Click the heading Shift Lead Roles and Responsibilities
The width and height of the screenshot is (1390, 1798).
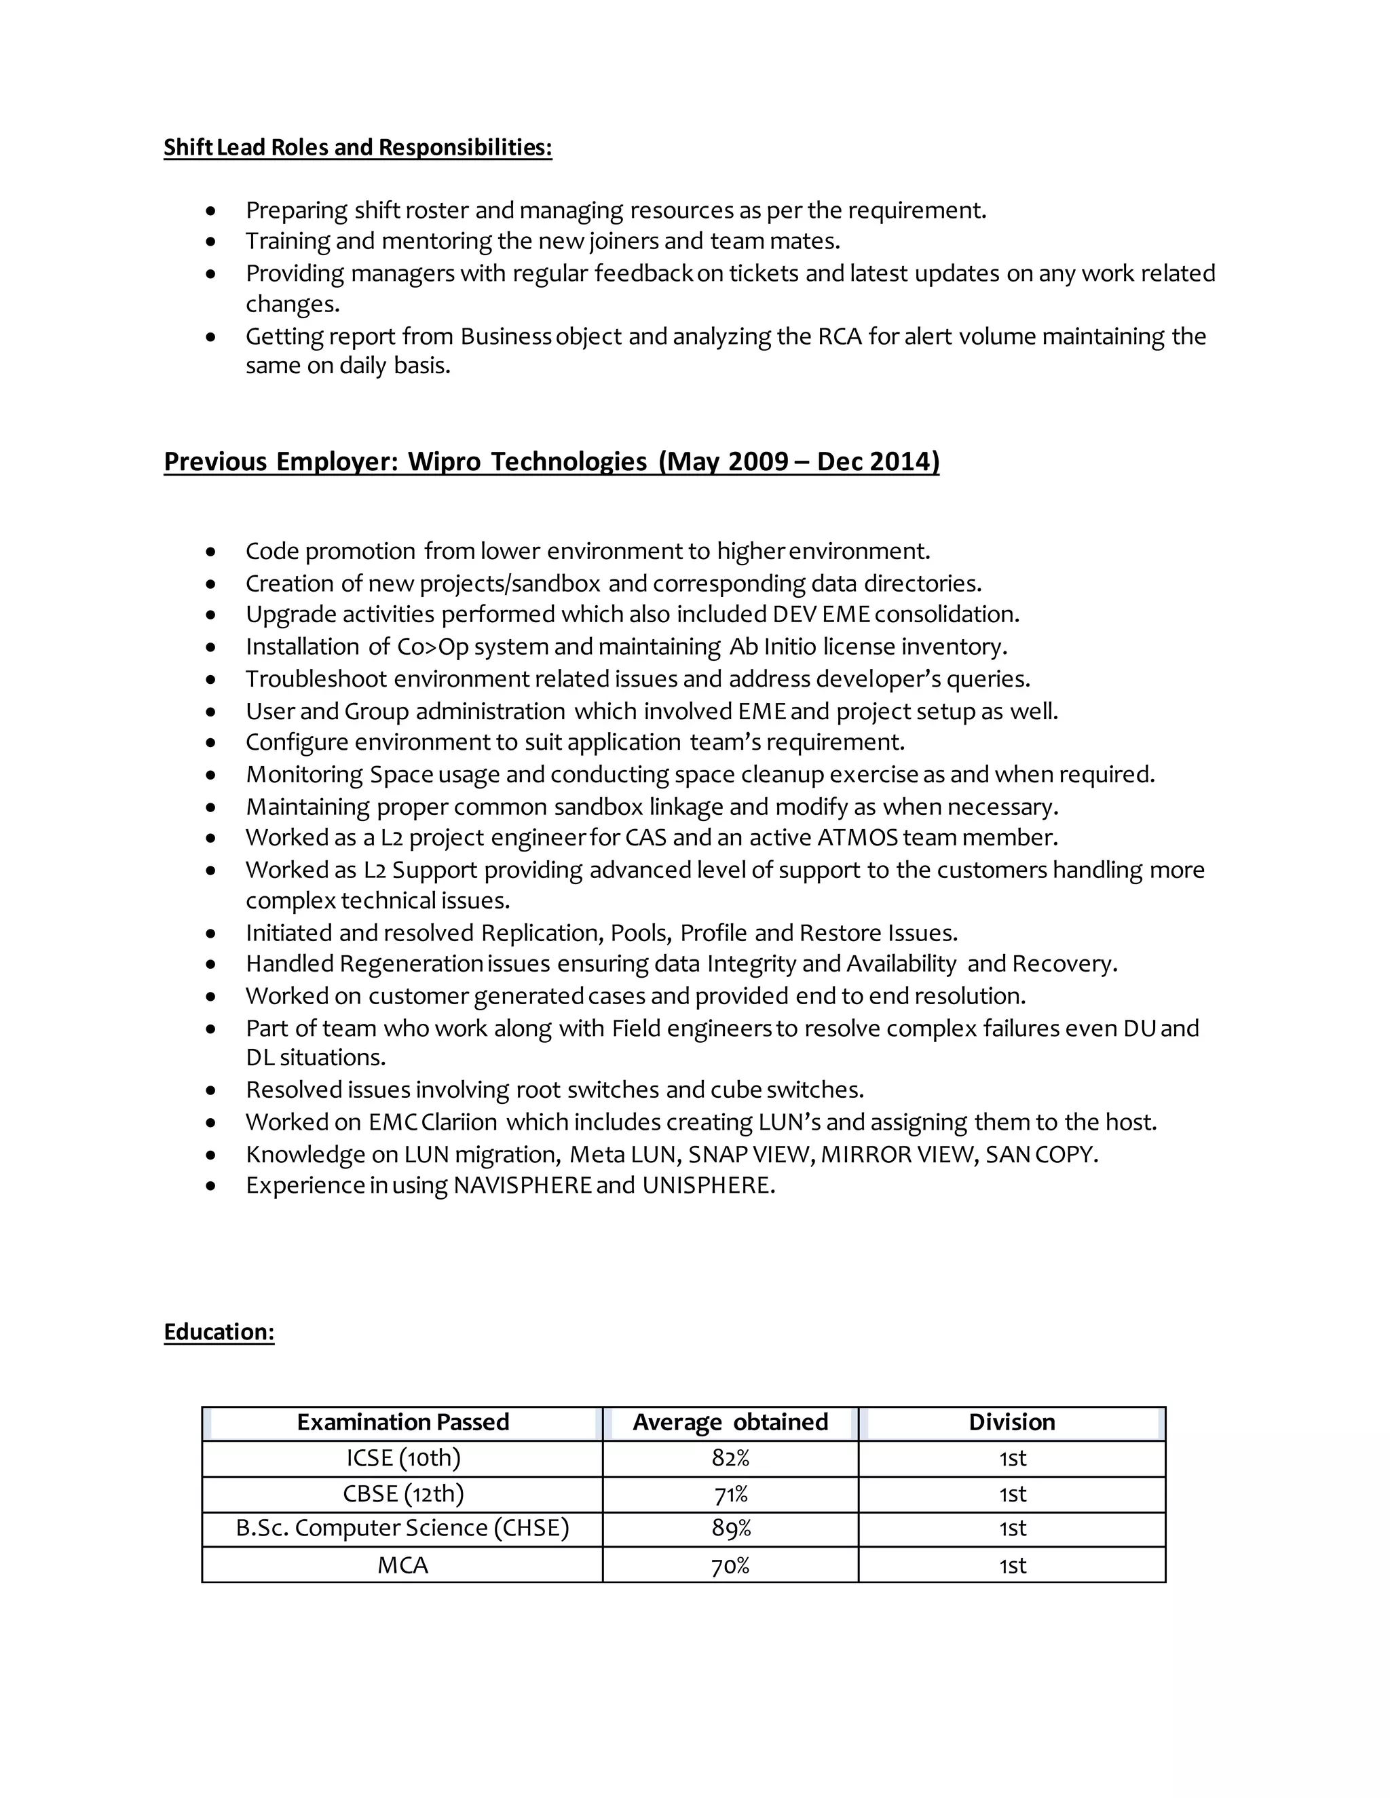[358, 147]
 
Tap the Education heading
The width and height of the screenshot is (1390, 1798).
[219, 1331]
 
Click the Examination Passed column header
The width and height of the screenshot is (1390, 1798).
[402, 1421]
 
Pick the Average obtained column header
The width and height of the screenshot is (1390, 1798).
[730, 1421]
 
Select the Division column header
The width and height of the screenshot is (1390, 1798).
[1011, 1421]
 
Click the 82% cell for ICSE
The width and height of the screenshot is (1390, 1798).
[730, 1458]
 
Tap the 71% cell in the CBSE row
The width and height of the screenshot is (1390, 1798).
[730, 1493]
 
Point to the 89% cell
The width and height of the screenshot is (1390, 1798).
[730, 1528]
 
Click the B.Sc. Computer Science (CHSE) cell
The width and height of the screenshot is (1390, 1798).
[402, 1528]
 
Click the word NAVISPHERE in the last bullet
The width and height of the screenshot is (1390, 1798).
[522, 1185]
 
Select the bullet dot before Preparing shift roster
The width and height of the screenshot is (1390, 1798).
[212, 212]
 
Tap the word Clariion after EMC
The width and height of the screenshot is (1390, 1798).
[459, 1122]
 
